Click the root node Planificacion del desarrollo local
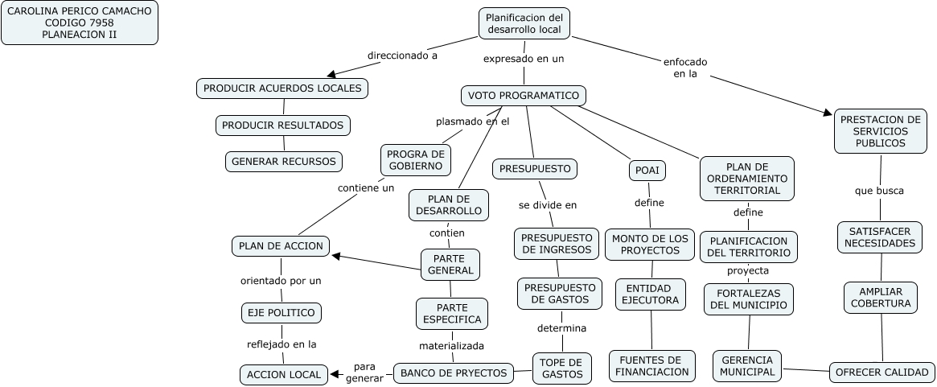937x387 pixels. pos(524,23)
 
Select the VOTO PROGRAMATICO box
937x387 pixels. pos(524,96)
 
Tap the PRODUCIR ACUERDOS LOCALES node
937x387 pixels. pos(282,89)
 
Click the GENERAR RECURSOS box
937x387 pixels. pos(283,161)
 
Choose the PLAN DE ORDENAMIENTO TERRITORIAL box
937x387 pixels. pos(746,178)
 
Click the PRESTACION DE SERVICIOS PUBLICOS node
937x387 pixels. pos(880,131)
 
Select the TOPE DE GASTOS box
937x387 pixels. pos(562,368)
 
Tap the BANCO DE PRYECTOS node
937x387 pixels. pos(454,373)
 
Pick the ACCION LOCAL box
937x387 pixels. pos(284,374)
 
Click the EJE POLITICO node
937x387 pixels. pos(282,312)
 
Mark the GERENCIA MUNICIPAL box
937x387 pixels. pos(747,365)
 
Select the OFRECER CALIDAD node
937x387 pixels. pos(882,372)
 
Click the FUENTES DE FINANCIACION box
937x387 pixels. pos(651,365)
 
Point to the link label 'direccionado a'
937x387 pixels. pos(402,56)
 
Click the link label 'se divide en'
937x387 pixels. pos(548,205)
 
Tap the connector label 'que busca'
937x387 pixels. pos(879,191)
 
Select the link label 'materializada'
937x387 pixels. pos(451,346)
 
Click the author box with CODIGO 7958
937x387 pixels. pos(80,23)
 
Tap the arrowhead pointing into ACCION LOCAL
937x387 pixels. pos(335,374)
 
